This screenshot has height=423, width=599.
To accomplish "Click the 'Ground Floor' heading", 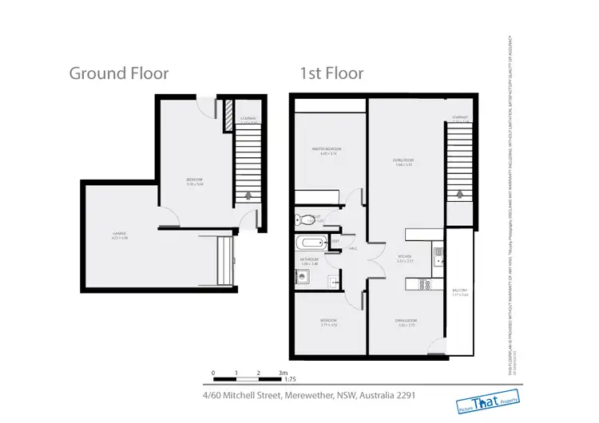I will click(119, 73).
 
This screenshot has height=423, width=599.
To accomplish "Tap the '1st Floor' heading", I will click(331, 73).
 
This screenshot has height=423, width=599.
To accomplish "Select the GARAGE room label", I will click(120, 234).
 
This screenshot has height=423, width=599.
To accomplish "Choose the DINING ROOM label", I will click(406, 322).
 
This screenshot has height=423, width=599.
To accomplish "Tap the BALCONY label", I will click(459, 292).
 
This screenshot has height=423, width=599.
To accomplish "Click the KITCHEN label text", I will click(405, 258).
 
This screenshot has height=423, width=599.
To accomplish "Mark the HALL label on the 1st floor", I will click(351, 249).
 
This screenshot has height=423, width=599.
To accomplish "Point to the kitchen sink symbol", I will click(438, 256).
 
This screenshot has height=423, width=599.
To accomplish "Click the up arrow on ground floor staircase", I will click(247, 194).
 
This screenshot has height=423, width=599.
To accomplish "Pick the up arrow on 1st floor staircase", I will click(458, 192).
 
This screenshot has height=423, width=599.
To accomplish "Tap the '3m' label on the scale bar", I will click(283, 374).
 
